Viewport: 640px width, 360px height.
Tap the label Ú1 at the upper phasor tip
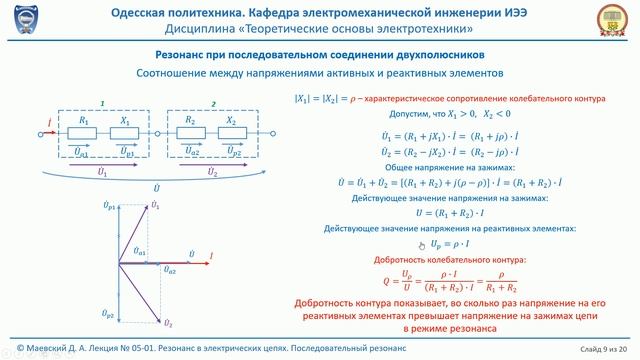click(157, 204)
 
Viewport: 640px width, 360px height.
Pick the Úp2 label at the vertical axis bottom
click(109, 315)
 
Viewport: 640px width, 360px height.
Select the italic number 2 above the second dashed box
click(213, 103)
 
